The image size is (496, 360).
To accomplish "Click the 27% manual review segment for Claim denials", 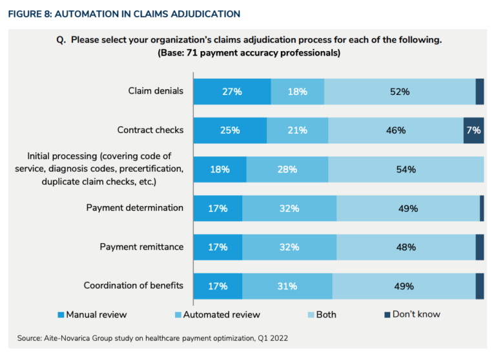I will (232, 92).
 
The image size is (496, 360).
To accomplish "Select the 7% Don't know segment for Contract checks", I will (473, 130).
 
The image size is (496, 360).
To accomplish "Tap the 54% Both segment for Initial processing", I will (406, 169).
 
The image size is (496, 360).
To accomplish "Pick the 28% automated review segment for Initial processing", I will (287, 169).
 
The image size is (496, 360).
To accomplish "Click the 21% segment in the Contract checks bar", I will (297, 130).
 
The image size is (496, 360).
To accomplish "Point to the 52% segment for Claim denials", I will (400, 92).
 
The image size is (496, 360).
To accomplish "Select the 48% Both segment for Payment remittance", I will (406, 247).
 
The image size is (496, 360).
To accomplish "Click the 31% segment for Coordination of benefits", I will (287, 286).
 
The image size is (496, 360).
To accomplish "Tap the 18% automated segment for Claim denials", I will (297, 92).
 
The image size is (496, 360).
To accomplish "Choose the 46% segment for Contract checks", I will (395, 130).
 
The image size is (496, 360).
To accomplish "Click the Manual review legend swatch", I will (61, 315).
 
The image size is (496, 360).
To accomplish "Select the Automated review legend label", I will (222, 315).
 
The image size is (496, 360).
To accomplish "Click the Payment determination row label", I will (135, 207).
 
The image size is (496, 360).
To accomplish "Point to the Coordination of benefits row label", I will (134, 285).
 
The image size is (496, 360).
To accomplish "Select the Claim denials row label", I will (156, 90).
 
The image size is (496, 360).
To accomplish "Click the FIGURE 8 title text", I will (124, 14).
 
